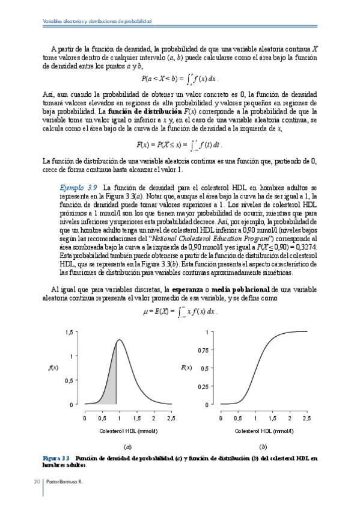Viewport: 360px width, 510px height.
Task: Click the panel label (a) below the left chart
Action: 127,447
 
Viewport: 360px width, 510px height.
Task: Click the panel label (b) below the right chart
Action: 263,447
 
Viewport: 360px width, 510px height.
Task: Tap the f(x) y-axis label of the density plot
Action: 53,367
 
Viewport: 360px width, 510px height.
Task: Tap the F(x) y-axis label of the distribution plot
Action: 187,367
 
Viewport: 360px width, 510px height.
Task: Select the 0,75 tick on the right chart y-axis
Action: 205,350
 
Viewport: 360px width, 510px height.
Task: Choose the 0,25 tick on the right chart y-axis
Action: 205,386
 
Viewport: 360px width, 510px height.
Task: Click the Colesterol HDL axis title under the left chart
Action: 128,431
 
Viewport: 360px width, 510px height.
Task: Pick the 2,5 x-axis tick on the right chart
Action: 307,417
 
